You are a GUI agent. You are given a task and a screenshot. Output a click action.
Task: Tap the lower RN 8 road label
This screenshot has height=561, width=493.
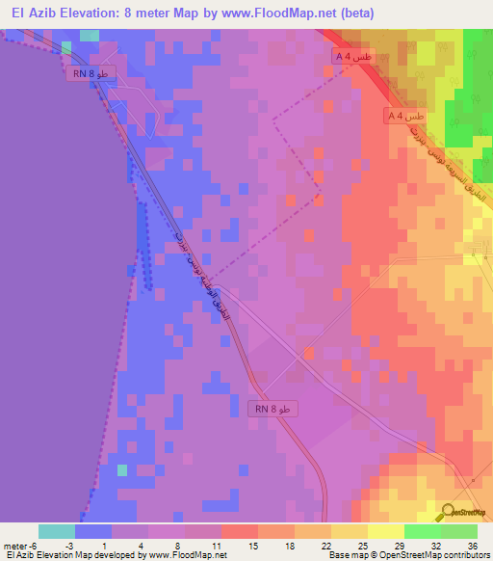tap(273, 409)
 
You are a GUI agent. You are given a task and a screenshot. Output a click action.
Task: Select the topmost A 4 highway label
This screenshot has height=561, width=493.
tap(352, 58)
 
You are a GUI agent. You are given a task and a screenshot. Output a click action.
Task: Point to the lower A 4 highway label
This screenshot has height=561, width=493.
tap(402, 115)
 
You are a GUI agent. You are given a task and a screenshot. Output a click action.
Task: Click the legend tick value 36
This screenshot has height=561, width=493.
tap(472, 546)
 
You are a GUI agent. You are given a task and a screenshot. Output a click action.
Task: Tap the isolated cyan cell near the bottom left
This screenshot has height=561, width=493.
tap(122, 470)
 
